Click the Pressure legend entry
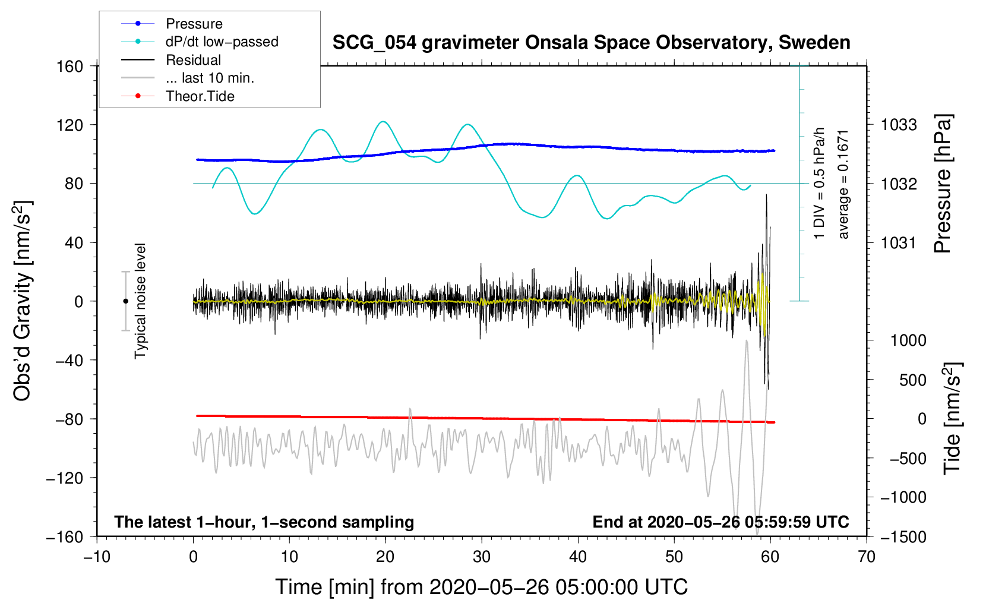[194, 24]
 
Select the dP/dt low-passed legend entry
[222, 42]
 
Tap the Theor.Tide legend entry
[200, 96]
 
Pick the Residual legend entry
[193, 60]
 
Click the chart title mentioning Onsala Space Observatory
[591, 43]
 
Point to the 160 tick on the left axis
[70, 66]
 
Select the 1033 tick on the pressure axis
[899, 125]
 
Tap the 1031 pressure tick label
[899, 242]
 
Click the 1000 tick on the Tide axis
[908, 340]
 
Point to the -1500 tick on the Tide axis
[903, 536]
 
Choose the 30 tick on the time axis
[482, 557]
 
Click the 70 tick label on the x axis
[867, 557]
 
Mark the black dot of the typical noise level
[125, 301]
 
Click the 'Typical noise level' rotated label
[140, 301]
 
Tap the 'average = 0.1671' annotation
[843, 184]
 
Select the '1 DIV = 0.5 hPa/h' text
[820, 183]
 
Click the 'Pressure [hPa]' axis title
[943, 184]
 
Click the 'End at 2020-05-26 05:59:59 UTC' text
[720, 522]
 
